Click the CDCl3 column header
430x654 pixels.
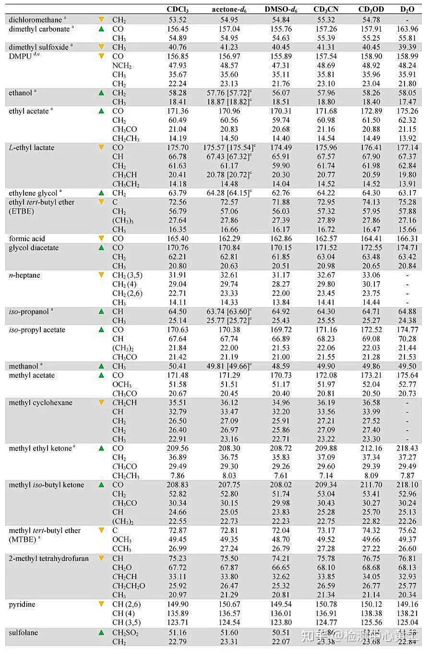point(178,10)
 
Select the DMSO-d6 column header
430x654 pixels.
point(280,10)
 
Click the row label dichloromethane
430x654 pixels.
point(35,20)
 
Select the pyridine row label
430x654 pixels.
point(22,604)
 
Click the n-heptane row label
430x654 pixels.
point(24,275)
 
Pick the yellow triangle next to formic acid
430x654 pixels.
point(101,238)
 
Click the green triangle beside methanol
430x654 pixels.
point(101,366)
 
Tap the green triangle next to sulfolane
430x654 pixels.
point(101,632)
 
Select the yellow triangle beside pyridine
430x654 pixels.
point(101,604)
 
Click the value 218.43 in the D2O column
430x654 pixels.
point(407,448)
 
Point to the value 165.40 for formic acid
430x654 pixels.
point(178,238)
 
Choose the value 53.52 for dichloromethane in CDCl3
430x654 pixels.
point(178,20)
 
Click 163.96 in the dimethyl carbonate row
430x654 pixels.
point(407,29)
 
